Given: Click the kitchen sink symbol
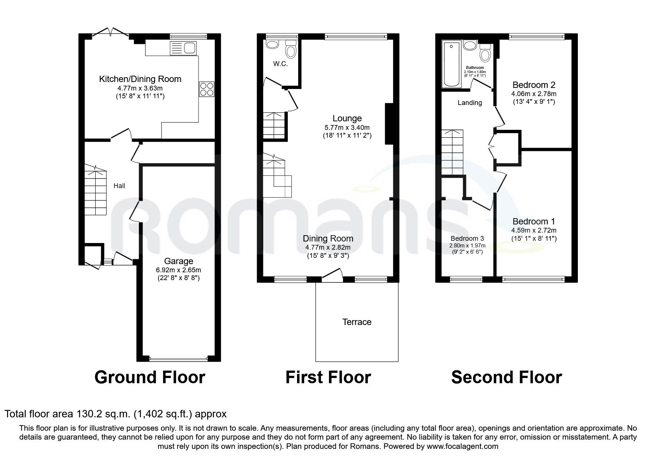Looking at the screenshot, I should pyautogui.click(x=183, y=49).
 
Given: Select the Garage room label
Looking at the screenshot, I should pyautogui.click(x=178, y=261).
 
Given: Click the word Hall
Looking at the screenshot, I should pyautogui.click(x=119, y=186).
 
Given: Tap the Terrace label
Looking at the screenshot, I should pyautogui.click(x=357, y=322).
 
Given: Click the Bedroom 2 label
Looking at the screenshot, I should pyautogui.click(x=533, y=85).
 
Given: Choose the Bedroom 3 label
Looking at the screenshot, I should pyautogui.click(x=467, y=239).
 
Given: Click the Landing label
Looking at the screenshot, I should pyautogui.click(x=470, y=103).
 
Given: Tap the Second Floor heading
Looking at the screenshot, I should pyautogui.click(x=506, y=377).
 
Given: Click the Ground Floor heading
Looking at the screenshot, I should pyautogui.click(x=150, y=377).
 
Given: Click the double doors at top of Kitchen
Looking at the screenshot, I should pyautogui.click(x=110, y=32).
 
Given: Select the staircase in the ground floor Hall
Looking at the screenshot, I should pyautogui.click(x=96, y=193).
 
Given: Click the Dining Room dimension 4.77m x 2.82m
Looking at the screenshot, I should pyautogui.click(x=328, y=247).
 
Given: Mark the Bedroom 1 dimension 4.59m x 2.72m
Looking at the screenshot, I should pyautogui.click(x=533, y=230).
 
